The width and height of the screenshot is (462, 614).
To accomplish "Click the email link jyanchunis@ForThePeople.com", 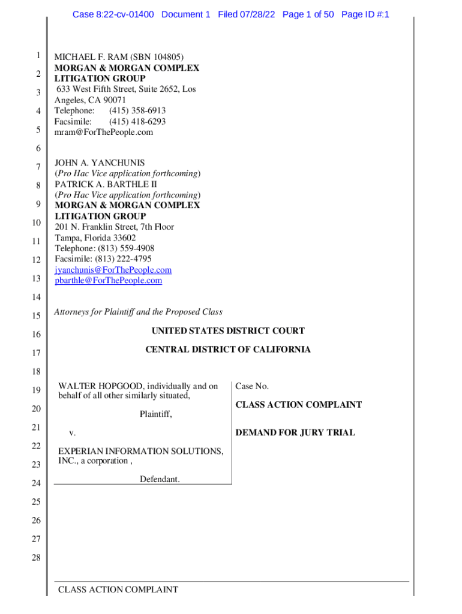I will pyautogui.click(x=113, y=270).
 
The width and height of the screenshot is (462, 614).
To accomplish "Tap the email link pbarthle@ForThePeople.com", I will pyautogui.click(x=108, y=280).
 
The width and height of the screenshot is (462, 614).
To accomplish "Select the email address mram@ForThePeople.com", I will pyautogui.click(x=103, y=132).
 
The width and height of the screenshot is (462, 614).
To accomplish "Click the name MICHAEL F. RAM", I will pyautogui.click(x=85, y=58).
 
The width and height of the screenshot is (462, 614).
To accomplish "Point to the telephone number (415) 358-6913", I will pyautogui.click(x=137, y=110).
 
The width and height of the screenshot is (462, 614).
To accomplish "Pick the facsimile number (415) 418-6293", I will pyautogui.click(x=137, y=121).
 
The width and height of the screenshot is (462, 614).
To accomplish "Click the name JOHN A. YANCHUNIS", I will pyautogui.click(x=100, y=162).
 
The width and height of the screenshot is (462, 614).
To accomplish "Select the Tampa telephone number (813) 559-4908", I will pyautogui.click(x=125, y=248).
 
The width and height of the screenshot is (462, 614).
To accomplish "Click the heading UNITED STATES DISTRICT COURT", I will pyautogui.click(x=228, y=330).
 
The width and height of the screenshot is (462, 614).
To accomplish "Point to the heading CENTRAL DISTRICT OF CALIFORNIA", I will pyautogui.click(x=228, y=349).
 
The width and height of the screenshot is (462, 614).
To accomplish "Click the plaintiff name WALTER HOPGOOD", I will pyautogui.click(x=92, y=386).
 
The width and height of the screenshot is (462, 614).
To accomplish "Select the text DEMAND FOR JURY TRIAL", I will pyautogui.click(x=295, y=432).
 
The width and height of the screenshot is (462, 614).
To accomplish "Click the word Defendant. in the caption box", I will pyautogui.click(x=160, y=478).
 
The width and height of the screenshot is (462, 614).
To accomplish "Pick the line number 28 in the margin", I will pyautogui.click(x=35, y=558).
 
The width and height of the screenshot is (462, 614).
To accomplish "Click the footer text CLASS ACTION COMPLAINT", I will pyautogui.click(x=118, y=589).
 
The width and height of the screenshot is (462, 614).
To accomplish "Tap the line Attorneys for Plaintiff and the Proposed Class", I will pyautogui.click(x=138, y=312).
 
